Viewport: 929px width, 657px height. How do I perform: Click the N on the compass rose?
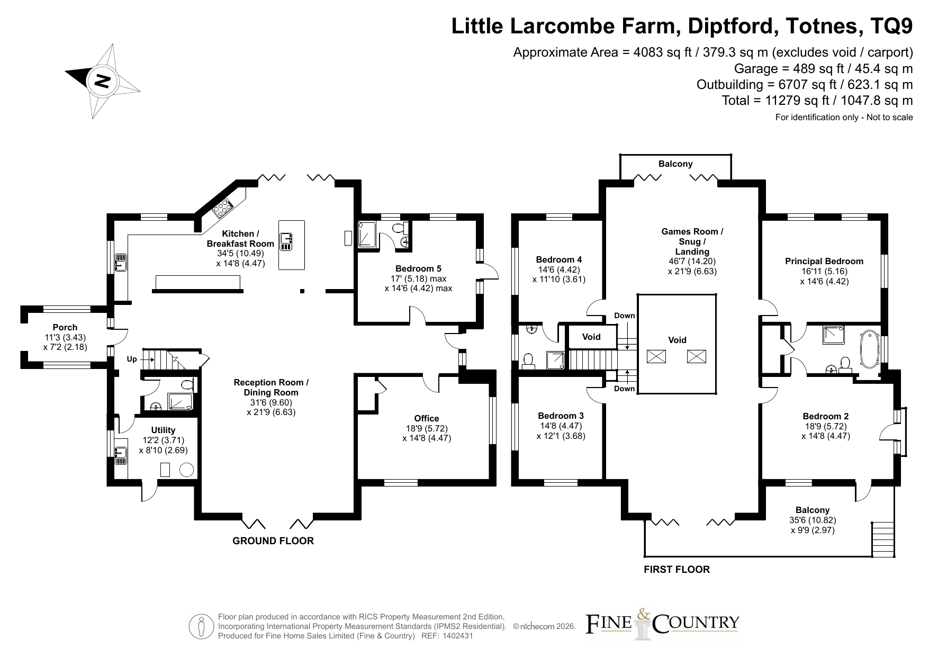tap(102, 81)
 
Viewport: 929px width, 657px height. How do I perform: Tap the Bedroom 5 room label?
tap(418, 268)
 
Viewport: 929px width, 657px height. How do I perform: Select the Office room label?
tap(427, 418)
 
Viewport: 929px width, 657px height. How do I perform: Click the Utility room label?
tap(163, 430)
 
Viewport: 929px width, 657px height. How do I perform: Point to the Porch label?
tap(65, 327)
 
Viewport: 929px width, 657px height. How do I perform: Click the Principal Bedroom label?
tap(824, 261)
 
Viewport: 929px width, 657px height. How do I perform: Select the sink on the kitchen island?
tap(286, 241)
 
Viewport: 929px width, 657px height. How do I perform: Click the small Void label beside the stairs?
tap(591, 337)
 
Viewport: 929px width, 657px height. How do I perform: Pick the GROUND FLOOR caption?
tap(273, 541)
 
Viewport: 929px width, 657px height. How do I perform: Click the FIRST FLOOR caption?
tap(677, 569)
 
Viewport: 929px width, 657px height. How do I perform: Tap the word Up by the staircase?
tap(132, 359)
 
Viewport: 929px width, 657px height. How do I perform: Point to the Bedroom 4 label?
tap(559, 259)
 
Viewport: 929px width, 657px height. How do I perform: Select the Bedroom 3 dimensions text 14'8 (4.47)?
tap(560, 426)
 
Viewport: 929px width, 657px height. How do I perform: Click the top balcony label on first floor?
tap(675, 164)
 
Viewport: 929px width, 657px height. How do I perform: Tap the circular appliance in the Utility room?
tap(187, 470)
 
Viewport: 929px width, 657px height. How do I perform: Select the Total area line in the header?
tap(817, 101)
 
